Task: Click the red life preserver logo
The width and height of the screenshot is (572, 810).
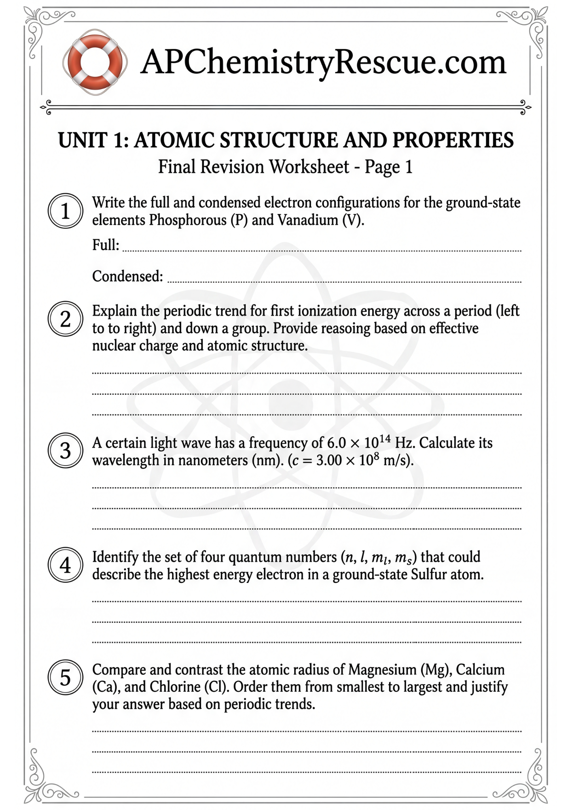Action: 95,62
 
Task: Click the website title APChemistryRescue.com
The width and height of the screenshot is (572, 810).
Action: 323,62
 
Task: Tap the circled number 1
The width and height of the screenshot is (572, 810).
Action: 65,211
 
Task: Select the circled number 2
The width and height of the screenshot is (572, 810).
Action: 65,319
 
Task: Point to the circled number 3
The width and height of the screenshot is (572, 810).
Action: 65,451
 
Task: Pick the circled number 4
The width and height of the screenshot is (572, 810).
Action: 65,565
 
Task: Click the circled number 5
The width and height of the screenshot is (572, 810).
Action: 65,678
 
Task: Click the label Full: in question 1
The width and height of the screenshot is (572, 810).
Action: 106,245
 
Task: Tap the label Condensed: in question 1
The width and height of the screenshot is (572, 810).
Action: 127,276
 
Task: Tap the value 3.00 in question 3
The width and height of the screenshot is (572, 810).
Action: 329,460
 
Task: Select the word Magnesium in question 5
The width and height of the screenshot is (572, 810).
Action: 382,670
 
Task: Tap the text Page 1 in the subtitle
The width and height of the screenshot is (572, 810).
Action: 388,167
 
